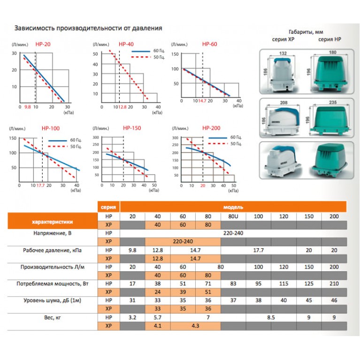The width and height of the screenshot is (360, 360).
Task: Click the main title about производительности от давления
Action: (89, 28)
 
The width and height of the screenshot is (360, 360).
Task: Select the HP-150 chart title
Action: (132, 128)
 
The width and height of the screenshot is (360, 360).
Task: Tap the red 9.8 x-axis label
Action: (27, 107)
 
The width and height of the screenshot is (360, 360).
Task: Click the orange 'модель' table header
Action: (233, 207)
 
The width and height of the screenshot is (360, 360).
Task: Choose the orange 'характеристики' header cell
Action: (52, 221)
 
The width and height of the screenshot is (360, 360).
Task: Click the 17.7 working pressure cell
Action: (259, 250)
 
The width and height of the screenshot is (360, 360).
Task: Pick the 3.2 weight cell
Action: (132, 317)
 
